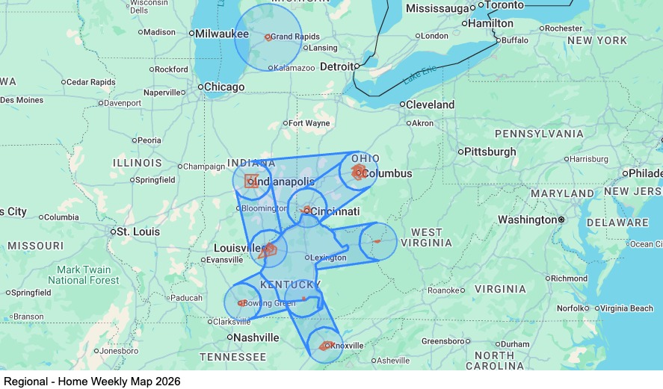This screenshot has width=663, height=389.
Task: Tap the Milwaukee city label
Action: [222, 34]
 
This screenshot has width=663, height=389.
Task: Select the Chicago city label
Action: [223, 87]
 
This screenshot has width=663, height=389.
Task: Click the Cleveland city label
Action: [431, 105]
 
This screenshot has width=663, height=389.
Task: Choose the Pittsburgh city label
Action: [490, 152]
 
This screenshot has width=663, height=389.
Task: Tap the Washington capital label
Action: [527, 220]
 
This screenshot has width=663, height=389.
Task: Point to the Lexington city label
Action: [329, 258]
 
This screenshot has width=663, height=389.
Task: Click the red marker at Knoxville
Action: [326, 346]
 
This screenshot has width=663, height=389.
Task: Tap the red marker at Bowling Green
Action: [242, 303]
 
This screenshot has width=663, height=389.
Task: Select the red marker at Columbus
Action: [358, 172]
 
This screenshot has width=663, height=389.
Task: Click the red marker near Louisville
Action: [269, 249]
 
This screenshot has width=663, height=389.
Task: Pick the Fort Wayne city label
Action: [309, 123]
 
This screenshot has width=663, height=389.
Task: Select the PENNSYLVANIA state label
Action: [539, 134]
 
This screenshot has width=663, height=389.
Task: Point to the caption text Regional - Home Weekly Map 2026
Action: [92, 381]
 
